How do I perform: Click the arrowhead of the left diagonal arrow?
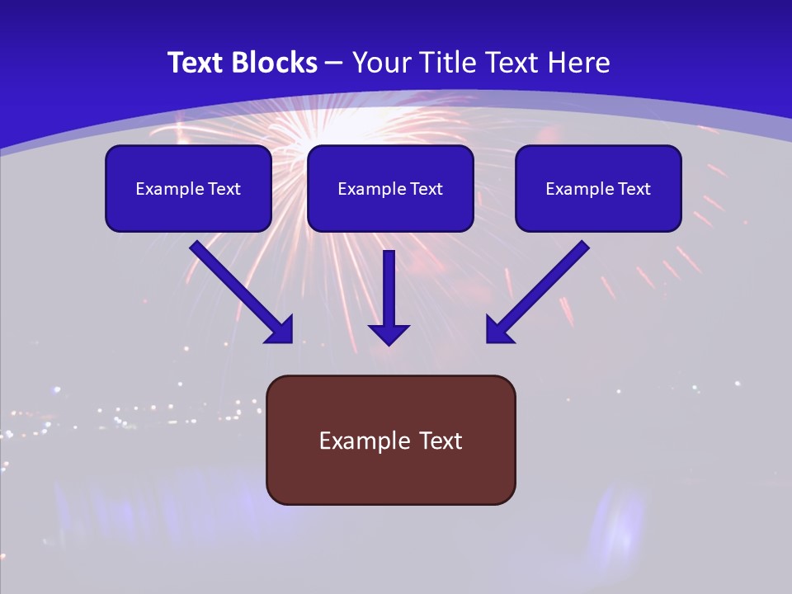(280, 330)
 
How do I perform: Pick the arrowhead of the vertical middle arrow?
(389, 334)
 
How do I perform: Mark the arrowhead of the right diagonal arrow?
(498, 330)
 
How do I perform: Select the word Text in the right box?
(634, 189)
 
